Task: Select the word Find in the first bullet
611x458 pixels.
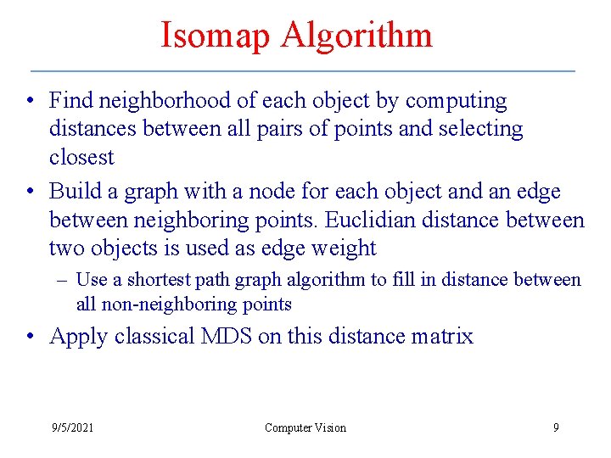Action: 70,101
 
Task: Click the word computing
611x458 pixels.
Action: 456,101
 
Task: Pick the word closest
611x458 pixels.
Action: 81,157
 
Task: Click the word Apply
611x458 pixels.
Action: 78,337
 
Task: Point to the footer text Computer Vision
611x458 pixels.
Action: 305,427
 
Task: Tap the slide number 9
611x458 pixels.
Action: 556,427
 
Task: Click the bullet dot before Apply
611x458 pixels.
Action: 31,337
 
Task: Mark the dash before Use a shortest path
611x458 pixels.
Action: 61,280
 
